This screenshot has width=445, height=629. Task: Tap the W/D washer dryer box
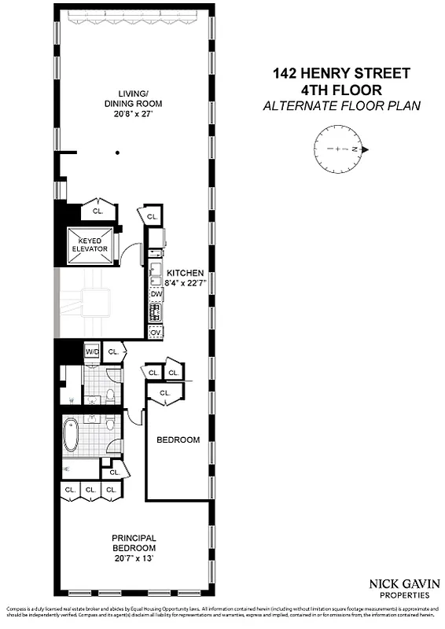(x=92, y=351)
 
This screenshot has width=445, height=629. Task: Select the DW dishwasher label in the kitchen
(x=156, y=294)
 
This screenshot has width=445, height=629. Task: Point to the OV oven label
(x=156, y=333)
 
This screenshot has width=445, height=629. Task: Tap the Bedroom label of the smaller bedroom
(x=178, y=440)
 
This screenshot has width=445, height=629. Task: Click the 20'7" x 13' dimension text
(x=133, y=557)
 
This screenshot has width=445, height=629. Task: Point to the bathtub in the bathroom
(x=72, y=435)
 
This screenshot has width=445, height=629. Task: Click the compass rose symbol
(x=339, y=149)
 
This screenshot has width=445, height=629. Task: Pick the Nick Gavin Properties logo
(x=399, y=589)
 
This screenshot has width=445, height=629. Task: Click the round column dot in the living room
(x=116, y=153)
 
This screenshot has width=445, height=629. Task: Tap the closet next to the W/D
(x=113, y=351)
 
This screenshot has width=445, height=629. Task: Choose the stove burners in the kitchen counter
(x=156, y=313)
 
